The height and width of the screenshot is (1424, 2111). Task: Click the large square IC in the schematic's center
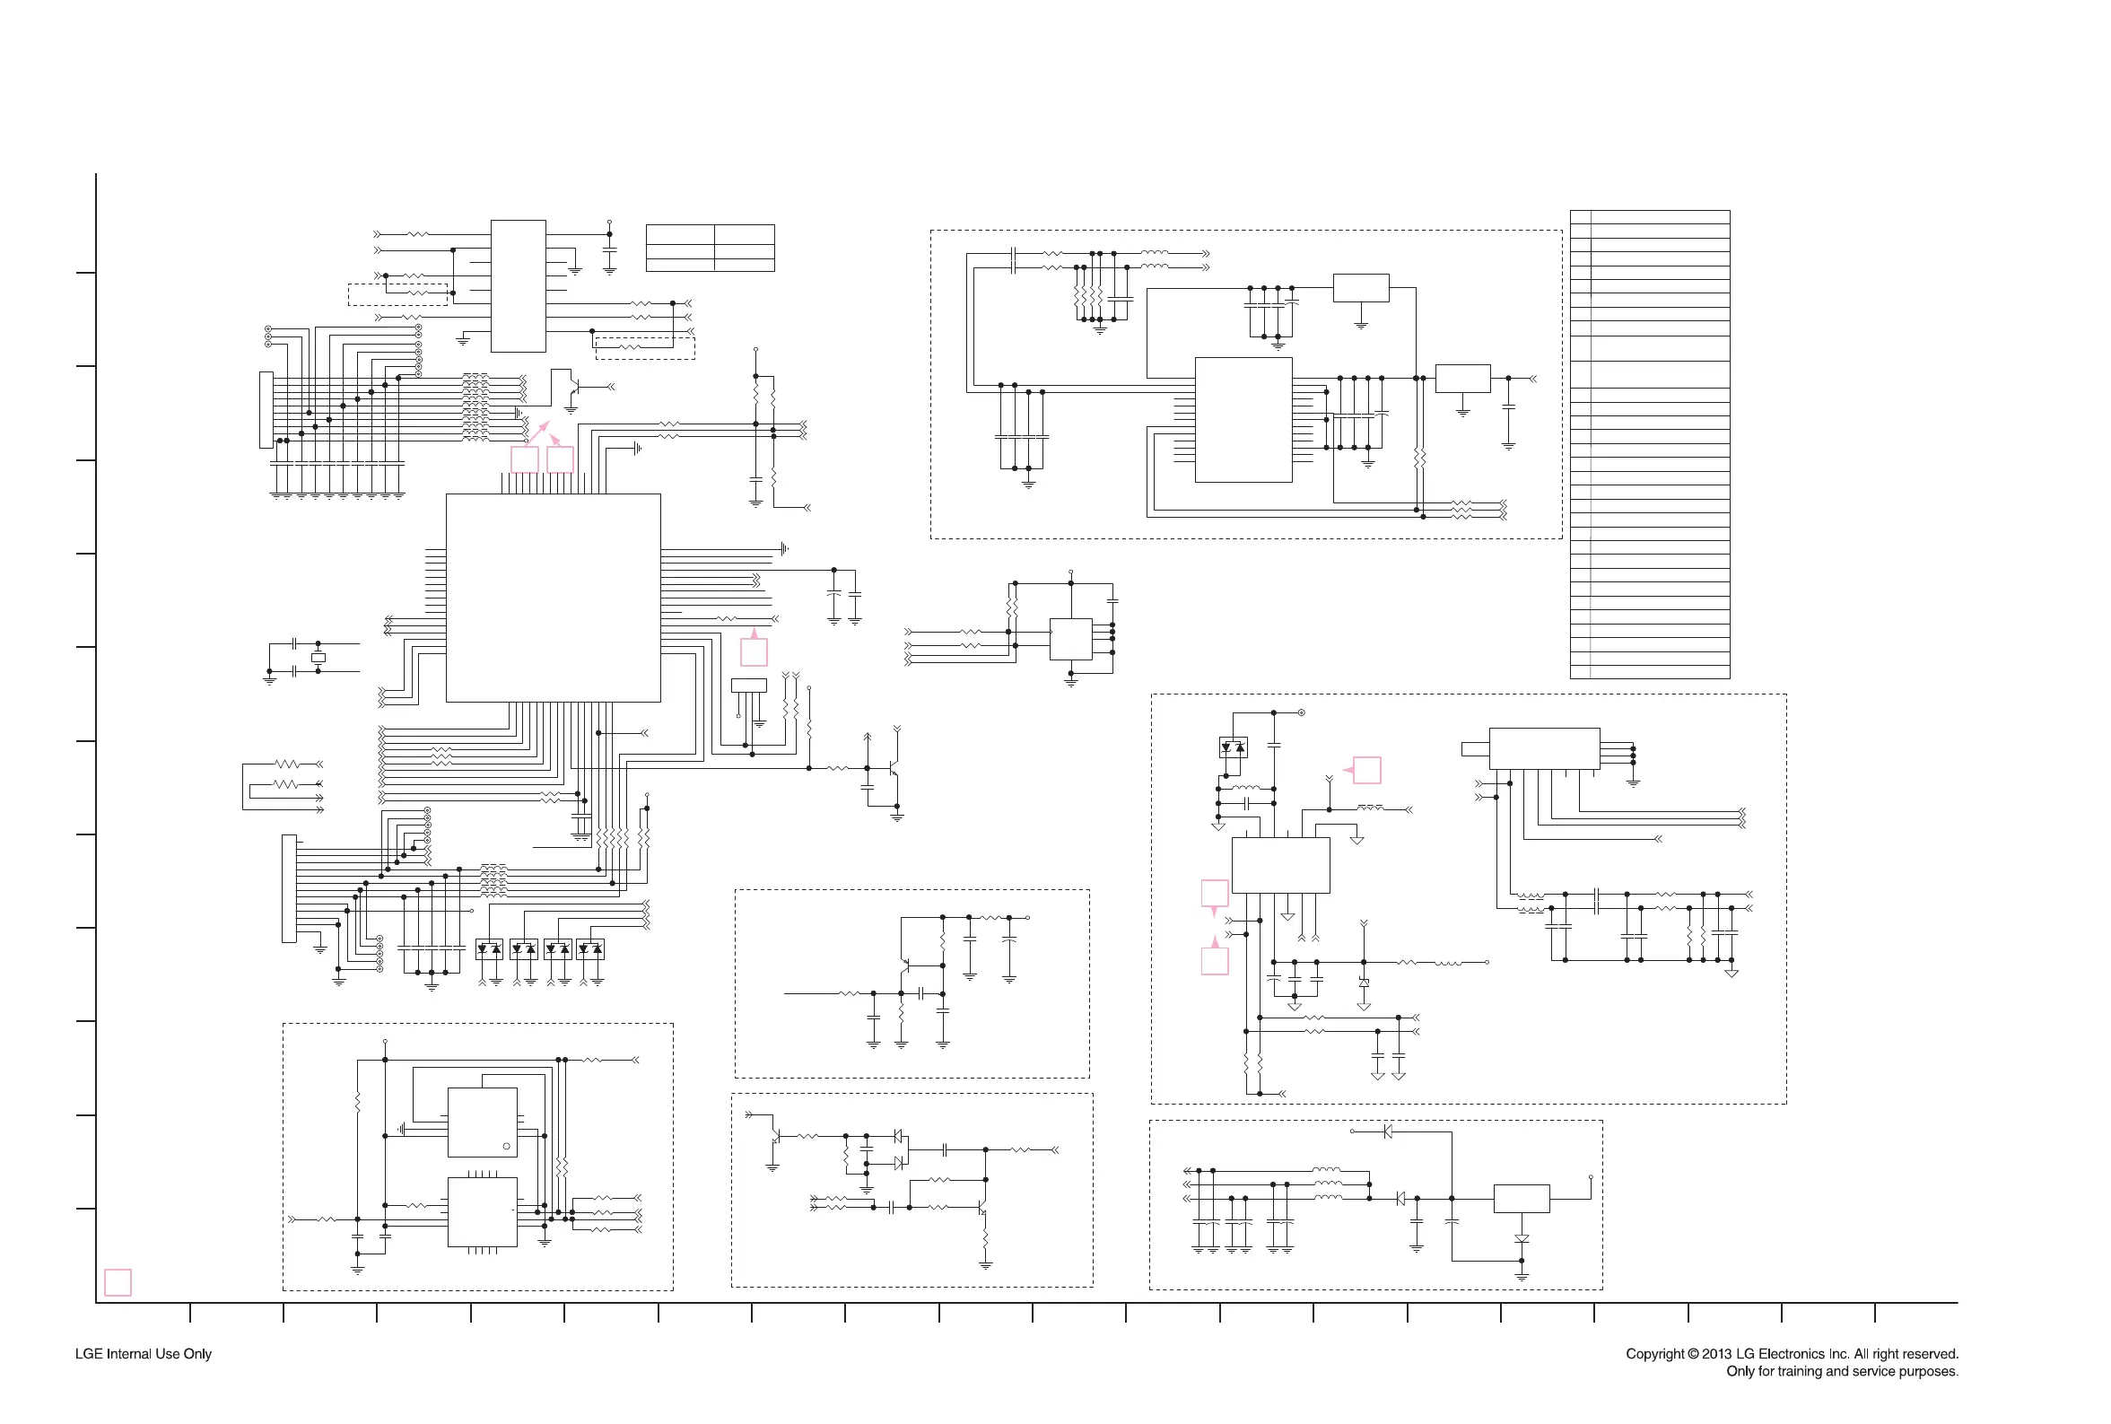553,598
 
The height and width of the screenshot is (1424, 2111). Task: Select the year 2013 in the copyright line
1717,1353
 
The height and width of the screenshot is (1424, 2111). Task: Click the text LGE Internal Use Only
144,1353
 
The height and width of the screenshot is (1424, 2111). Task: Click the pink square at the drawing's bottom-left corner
118,1282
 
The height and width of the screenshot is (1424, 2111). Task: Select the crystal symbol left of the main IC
318,658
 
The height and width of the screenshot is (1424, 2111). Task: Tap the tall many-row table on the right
1650,444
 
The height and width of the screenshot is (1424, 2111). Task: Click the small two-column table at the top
710,248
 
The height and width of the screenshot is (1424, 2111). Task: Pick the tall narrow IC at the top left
519,286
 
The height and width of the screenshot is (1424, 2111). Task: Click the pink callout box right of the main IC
754,652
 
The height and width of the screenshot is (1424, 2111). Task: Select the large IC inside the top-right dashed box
1243,420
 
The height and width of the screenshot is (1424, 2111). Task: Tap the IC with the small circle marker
482,1123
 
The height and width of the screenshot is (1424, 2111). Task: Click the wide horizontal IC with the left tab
1543,748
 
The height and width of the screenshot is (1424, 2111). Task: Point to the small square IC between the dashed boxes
1070,640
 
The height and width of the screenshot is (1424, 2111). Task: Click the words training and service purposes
1859,1371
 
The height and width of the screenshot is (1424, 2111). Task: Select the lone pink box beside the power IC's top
1367,770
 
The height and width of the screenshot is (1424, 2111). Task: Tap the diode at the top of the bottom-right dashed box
1387,1131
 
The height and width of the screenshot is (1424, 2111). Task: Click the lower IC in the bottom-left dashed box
482,1212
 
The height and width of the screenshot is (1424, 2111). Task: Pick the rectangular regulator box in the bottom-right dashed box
1522,1199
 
